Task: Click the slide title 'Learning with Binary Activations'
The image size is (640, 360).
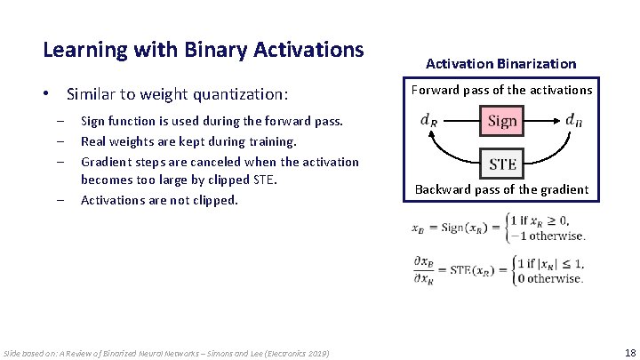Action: pos(204,49)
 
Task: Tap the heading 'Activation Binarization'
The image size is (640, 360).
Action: pos(500,63)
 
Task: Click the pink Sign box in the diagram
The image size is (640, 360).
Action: pos(502,121)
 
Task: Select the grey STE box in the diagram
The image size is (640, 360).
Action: pos(502,163)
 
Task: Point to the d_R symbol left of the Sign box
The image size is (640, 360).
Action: pos(428,121)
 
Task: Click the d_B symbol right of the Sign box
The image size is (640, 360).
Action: pos(575,121)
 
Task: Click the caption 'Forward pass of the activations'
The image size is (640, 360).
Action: pos(500,90)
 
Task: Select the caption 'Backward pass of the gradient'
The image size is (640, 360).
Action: pos(501,188)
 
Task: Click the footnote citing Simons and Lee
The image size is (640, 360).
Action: pos(166,354)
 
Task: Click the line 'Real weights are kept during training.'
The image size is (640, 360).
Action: pos(188,140)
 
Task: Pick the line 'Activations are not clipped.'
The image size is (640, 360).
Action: pos(159,200)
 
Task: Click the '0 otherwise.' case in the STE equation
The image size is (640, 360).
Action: pos(550,278)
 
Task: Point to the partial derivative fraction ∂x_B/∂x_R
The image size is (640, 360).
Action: pos(422,270)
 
